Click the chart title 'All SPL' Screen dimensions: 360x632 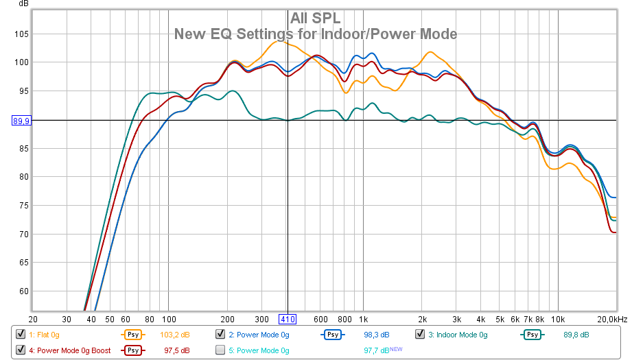(x=316, y=18)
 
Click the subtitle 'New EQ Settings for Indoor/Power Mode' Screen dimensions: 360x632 (x=316, y=34)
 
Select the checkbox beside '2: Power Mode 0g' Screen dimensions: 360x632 (x=220, y=334)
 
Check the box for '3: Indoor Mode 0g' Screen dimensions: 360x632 (x=420, y=334)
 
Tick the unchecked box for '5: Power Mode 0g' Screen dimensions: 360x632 (x=220, y=350)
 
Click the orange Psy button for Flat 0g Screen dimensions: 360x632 (x=132, y=335)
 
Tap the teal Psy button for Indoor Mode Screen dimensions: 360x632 (x=531, y=335)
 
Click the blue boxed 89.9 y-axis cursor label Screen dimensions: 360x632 (x=21, y=121)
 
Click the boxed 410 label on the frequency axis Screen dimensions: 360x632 (x=287, y=319)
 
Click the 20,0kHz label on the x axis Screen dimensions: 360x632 (x=612, y=319)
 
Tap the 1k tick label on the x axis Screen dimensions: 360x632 (x=364, y=319)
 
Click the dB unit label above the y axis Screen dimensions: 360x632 (x=23, y=4)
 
